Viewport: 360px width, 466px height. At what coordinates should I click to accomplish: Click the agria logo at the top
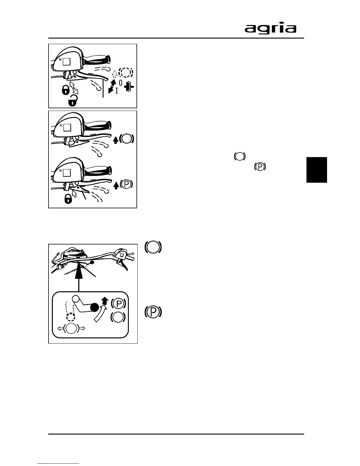[270, 29]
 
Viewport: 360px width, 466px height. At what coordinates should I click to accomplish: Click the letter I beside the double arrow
[117, 91]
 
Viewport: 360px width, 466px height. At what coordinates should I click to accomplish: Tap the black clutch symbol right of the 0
[129, 87]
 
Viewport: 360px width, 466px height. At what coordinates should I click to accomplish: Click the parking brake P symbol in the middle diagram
[126, 184]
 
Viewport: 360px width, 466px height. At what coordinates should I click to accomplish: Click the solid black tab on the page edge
[316, 170]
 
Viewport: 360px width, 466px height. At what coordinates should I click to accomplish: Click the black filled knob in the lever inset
[95, 307]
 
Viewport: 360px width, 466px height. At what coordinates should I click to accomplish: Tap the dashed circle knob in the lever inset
[70, 317]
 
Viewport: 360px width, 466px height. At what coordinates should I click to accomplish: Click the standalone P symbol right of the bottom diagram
[153, 312]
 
